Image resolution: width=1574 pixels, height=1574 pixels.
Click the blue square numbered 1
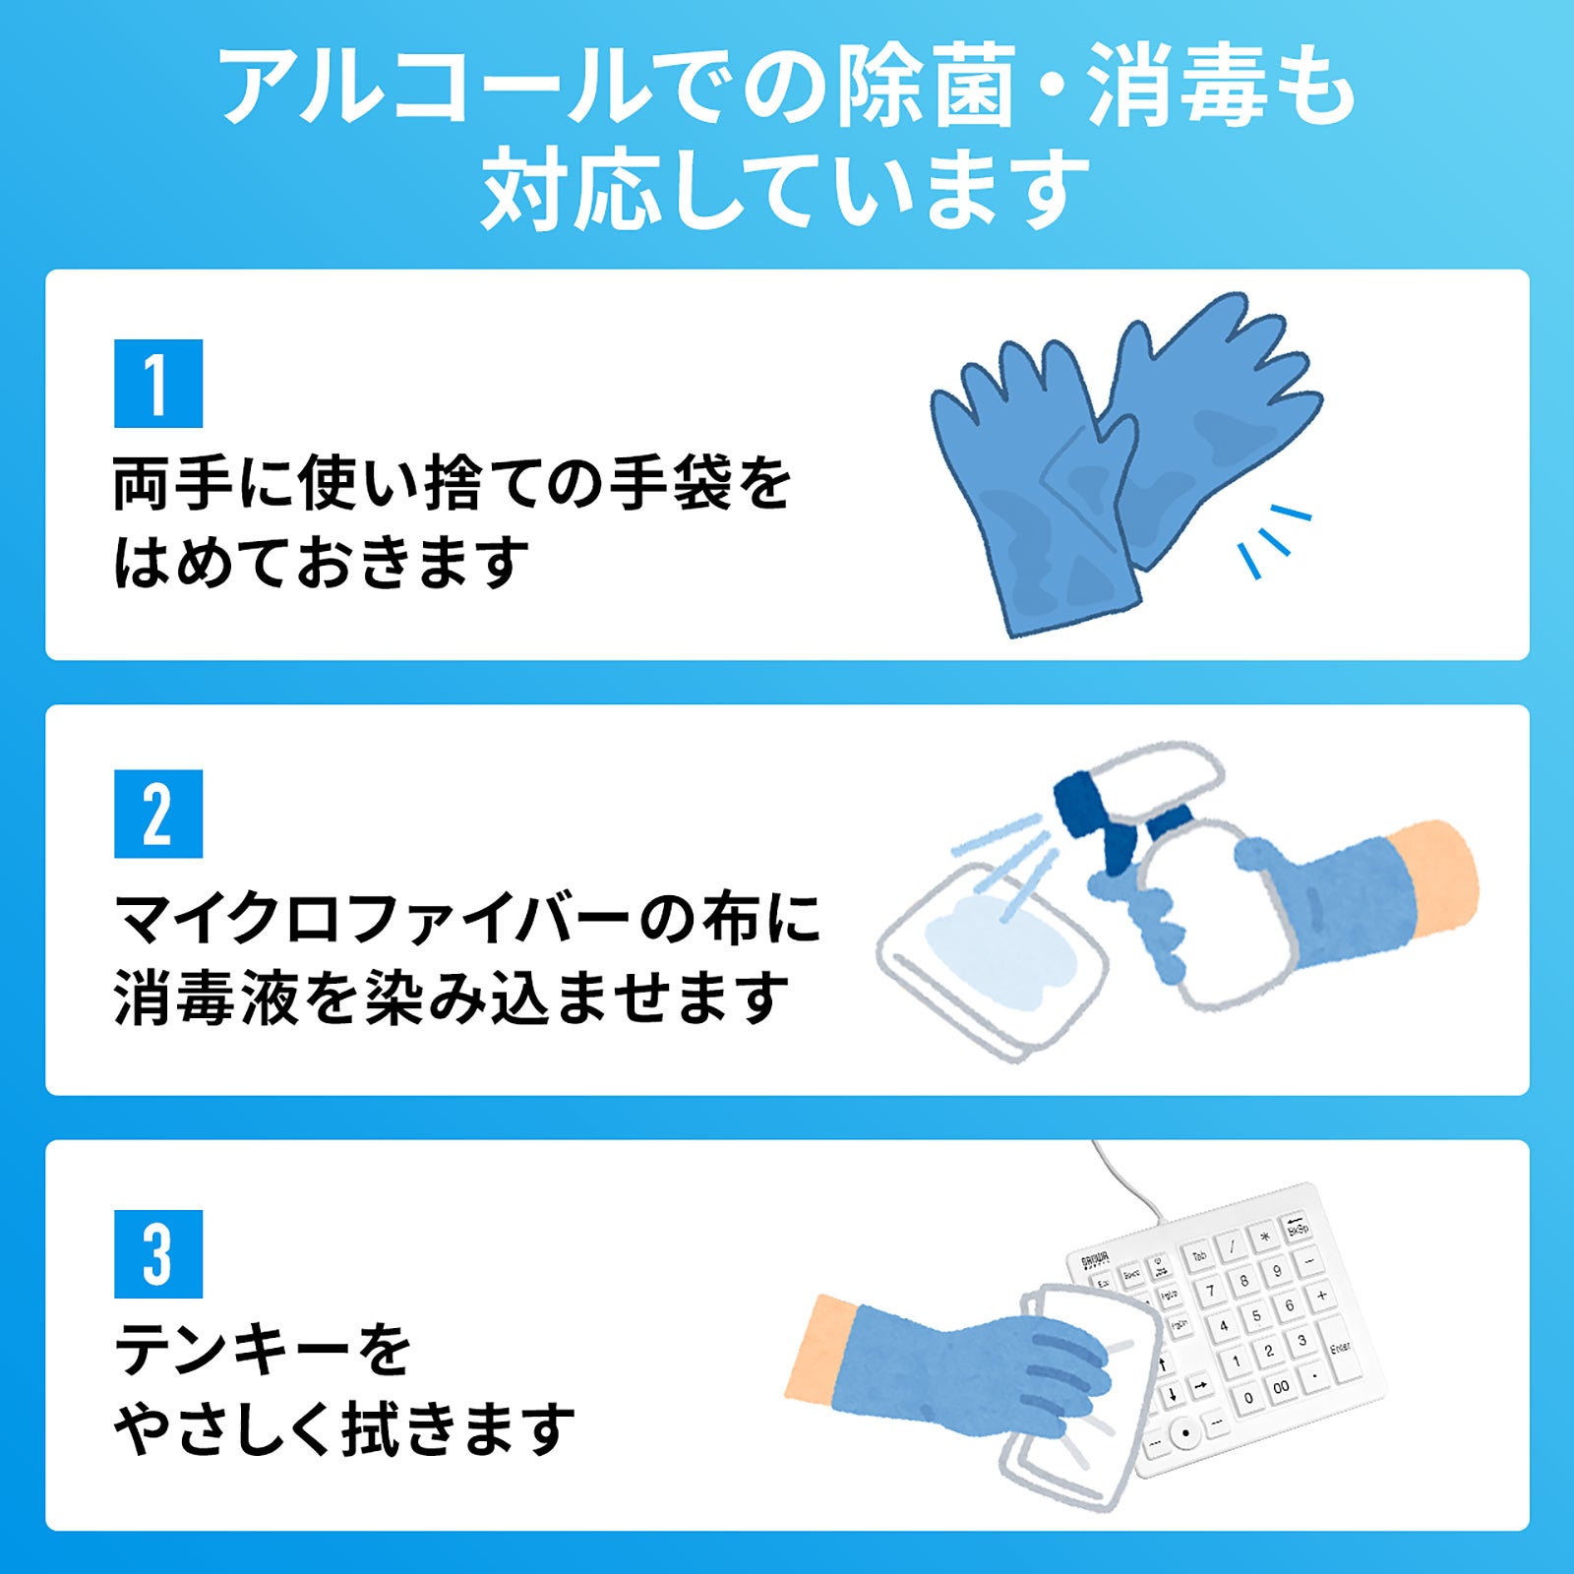click(x=158, y=384)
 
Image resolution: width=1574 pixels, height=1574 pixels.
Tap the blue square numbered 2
click(x=158, y=815)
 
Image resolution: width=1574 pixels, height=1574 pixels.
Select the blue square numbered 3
click(x=158, y=1254)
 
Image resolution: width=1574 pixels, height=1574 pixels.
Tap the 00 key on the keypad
click(x=1280, y=1387)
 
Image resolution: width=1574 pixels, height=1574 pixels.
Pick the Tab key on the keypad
click(x=1199, y=1256)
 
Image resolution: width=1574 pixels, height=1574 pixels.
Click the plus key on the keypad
click(x=1321, y=1296)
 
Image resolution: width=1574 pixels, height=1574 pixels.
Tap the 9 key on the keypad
click(x=1277, y=1270)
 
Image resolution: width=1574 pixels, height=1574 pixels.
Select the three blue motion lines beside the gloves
click(x=1275, y=540)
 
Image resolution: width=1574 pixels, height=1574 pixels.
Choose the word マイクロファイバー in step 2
click(x=371, y=919)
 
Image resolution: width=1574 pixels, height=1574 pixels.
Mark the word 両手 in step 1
click(x=173, y=484)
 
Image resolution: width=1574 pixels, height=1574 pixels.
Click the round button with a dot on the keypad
click(x=1186, y=1432)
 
